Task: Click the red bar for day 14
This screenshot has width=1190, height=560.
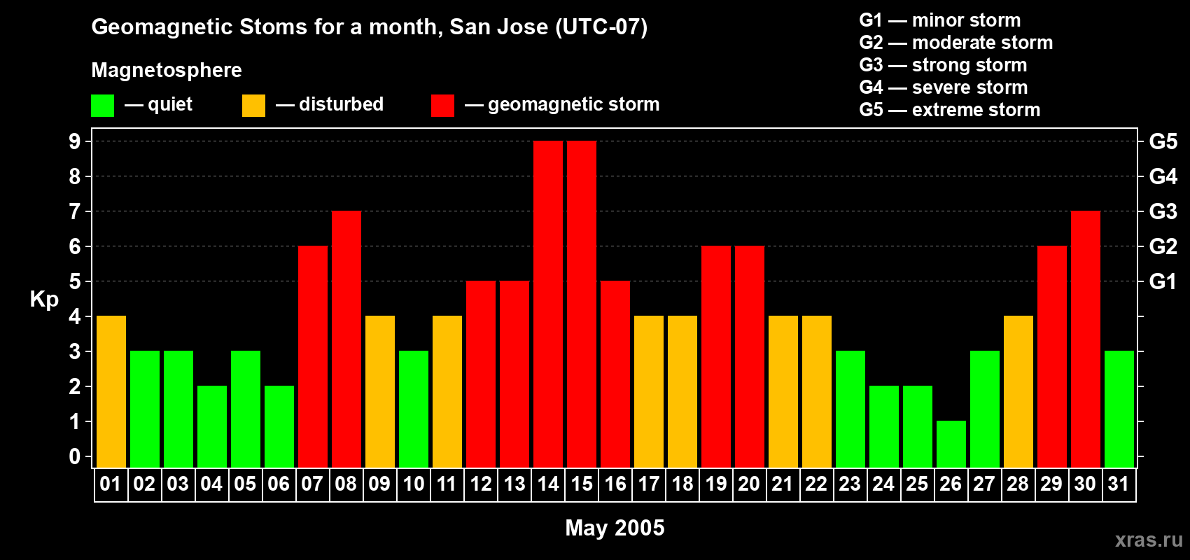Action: tap(548, 304)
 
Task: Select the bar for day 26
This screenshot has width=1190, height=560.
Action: tap(951, 444)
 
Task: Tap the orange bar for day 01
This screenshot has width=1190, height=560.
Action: tap(111, 391)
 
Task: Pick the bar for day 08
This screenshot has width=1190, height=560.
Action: tap(346, 339)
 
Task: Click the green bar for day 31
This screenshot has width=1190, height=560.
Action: tap(1119, 409)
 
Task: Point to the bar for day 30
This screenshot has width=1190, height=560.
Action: tap(1086, 339)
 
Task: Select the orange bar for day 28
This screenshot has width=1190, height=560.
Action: tap(1018, 391)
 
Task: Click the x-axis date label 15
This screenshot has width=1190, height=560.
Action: tap(582, 484)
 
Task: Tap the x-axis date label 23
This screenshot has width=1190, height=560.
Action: tap(850, 484)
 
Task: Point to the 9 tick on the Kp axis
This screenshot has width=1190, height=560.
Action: tap(75, 141)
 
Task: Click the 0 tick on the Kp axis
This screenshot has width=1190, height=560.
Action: tap(75, 456)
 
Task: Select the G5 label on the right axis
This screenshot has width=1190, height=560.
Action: tap(1163, 141)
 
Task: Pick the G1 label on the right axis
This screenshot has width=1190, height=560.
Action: tap(1163, 281)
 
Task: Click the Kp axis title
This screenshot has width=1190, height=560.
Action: tap(44, 299)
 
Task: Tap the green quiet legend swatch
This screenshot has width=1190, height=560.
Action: tap(103, 106)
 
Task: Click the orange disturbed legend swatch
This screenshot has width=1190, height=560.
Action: tap(253, 106)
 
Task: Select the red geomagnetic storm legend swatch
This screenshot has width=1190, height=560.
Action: tap(442, 106)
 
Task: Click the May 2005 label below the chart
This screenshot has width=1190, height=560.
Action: tap(615, 528)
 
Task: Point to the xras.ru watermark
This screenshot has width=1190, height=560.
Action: tap(1149, 539)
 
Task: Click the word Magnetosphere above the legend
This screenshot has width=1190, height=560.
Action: tap(167, 70)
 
